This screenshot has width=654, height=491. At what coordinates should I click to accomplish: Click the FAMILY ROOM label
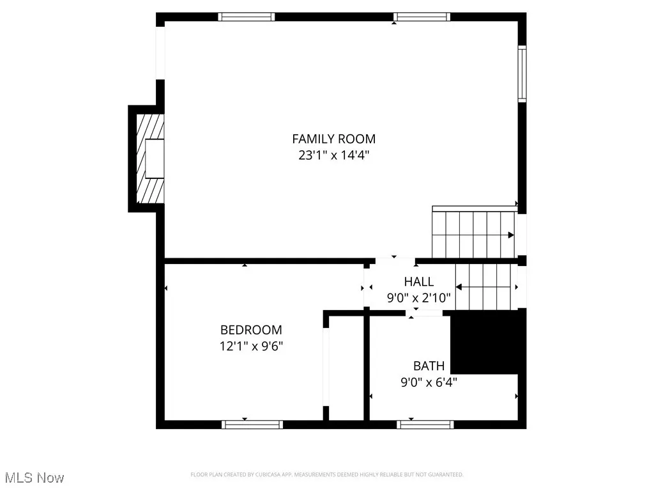[x=333, y=139]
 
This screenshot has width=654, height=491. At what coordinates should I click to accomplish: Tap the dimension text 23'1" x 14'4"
[x=333, y=155]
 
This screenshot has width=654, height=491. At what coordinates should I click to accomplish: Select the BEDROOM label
[x=251, y=330]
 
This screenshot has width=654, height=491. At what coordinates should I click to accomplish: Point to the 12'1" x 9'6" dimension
[x=251, y=346]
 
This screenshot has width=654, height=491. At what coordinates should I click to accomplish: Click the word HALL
[x=418, y=281]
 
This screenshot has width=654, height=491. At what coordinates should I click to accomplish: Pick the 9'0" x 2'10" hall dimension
[x=418, y=297]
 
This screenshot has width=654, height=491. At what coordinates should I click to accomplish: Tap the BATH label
[x=429, y=366]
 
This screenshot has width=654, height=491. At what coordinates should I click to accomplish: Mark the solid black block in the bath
[x=487, y=342]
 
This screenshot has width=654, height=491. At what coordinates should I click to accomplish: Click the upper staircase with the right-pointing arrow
[x=474, y=234]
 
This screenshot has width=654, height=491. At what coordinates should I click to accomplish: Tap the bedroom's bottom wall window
[x=252, y=424]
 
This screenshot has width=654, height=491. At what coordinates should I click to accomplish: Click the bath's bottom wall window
[x=425, y=424]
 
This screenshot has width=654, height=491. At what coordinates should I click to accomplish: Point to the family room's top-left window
[x=247, y=17]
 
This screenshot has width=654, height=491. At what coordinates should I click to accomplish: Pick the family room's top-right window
[x=422, y=17]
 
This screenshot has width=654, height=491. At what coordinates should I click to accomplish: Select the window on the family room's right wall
[x=522, y=74]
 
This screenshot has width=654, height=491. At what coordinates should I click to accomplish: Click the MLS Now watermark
[x=33, y=478]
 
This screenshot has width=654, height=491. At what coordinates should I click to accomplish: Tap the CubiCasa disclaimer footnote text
[x=327, y=474]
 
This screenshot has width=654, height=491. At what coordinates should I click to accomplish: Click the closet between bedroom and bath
[x=345, y=368]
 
